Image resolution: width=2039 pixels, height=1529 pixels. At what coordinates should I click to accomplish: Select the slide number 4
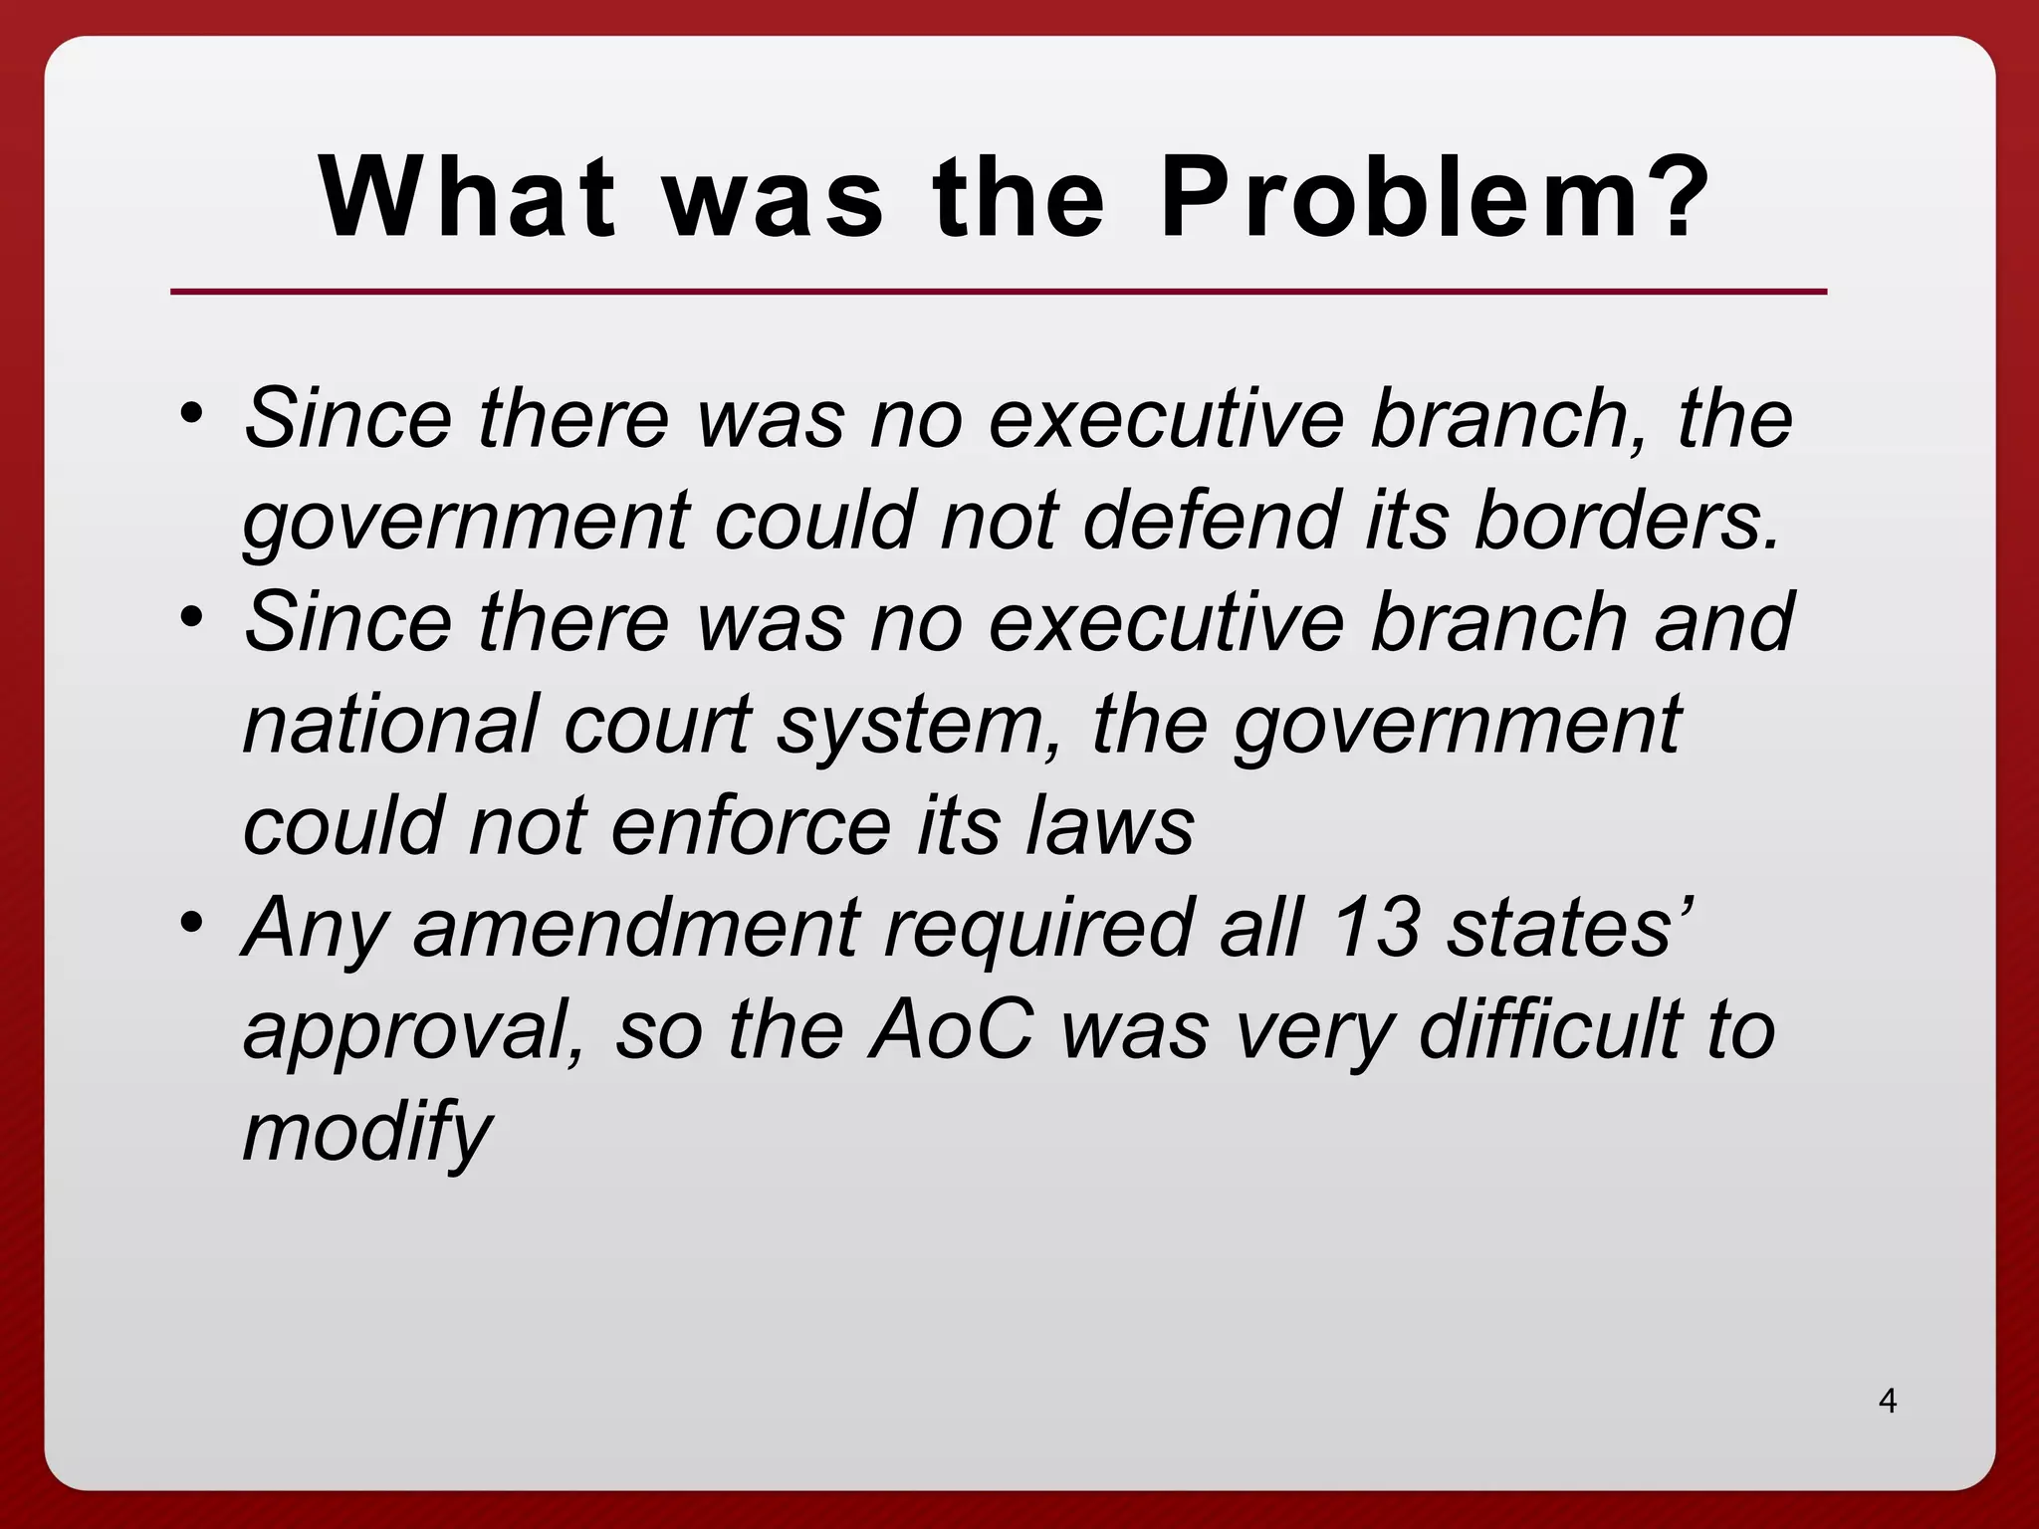coord(1888,1402)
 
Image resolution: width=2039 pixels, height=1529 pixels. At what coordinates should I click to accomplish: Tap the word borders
coord(1627,520)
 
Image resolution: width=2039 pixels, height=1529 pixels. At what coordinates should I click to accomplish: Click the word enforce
coord(752,826)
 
